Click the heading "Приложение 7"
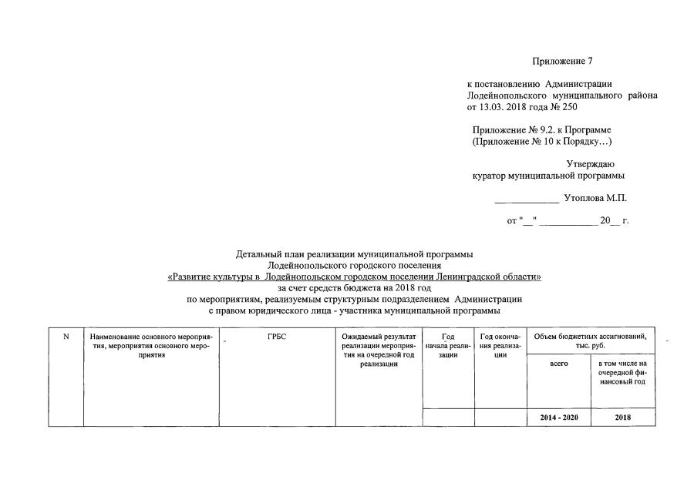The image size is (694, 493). [562, 61]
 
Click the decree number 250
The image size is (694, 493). [570, 106]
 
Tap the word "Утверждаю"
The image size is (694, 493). [591, 164]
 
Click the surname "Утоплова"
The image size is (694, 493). [582, 198]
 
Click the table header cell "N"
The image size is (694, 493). [66, 336]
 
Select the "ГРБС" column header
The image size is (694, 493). [277, 337]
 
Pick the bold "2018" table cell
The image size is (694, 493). [622, 418]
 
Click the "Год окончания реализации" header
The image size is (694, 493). [499, 345]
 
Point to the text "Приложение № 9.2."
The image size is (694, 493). [510, 130]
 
